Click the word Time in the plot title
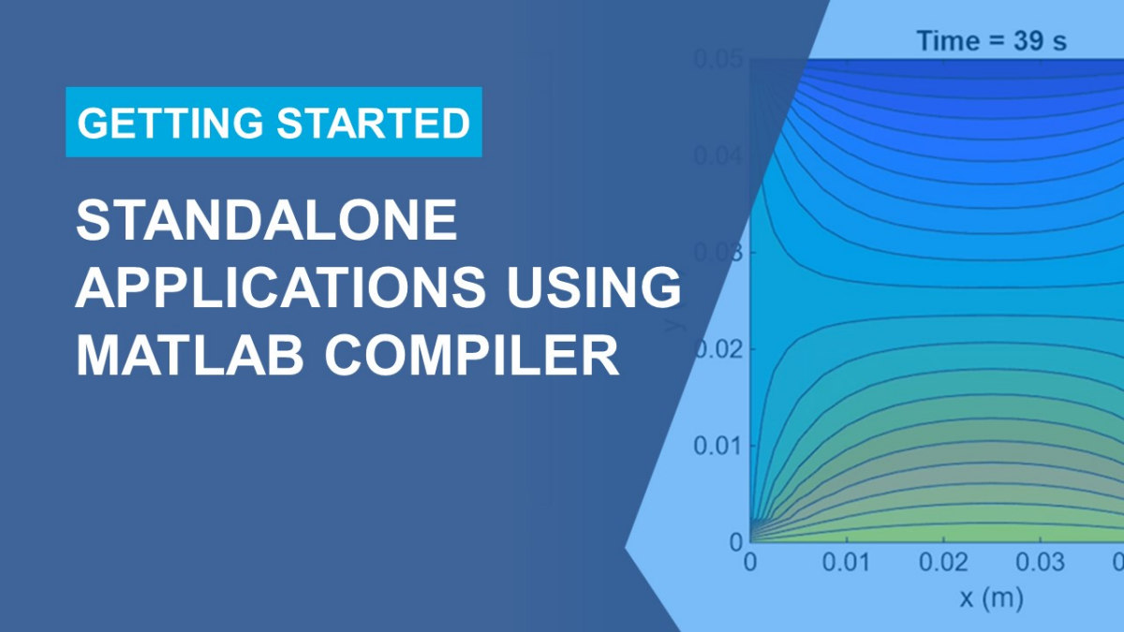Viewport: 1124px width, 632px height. [947, 41]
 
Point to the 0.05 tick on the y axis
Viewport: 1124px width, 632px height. [717, 59]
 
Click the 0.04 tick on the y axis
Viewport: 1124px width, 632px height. [717, 156]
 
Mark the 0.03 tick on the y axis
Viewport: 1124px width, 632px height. [717, 254]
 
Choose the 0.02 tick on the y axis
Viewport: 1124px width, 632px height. [717, 350]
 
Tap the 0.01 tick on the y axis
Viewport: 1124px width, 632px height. [717, 446]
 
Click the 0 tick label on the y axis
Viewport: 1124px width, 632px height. [735, 542]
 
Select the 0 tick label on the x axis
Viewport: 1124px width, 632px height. [749, 562]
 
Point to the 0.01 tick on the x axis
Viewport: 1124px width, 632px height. [847, 562]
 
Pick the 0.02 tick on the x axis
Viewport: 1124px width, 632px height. [944, 562]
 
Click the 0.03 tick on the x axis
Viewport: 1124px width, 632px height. [1042, 562]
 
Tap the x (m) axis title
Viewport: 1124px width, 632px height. [990, 597]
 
